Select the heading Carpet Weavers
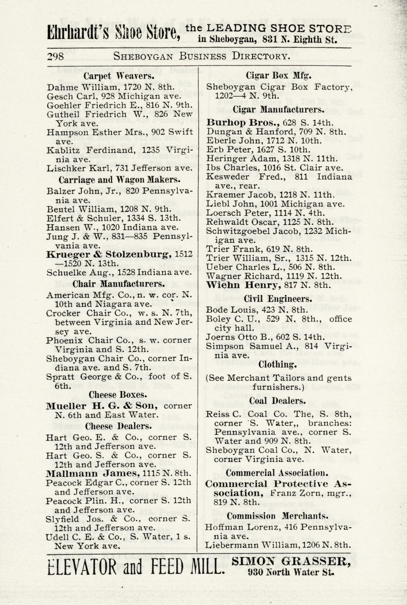click(119, 76)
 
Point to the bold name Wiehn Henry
click(244, 285)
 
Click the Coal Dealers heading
click(277, 401)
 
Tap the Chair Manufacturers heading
click(118, 283)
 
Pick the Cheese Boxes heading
click(118, 395)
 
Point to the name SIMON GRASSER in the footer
click(291, 562)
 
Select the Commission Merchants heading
click(278, 516)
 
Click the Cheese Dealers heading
click(118, 426)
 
